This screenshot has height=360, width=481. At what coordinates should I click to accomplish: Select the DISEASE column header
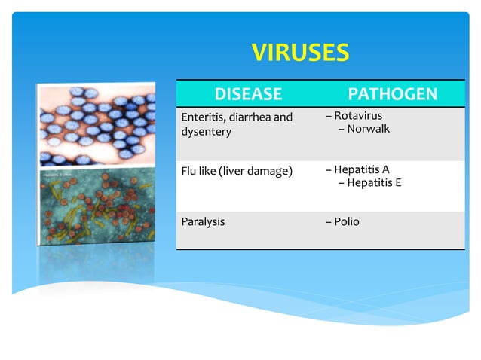pyautogui.click(x=248, y=94)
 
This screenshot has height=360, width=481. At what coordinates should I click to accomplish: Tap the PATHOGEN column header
pyautogui.click(x=392, y=94)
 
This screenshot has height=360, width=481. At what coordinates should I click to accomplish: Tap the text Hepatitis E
pyautogui.click(x=374, y=182)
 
